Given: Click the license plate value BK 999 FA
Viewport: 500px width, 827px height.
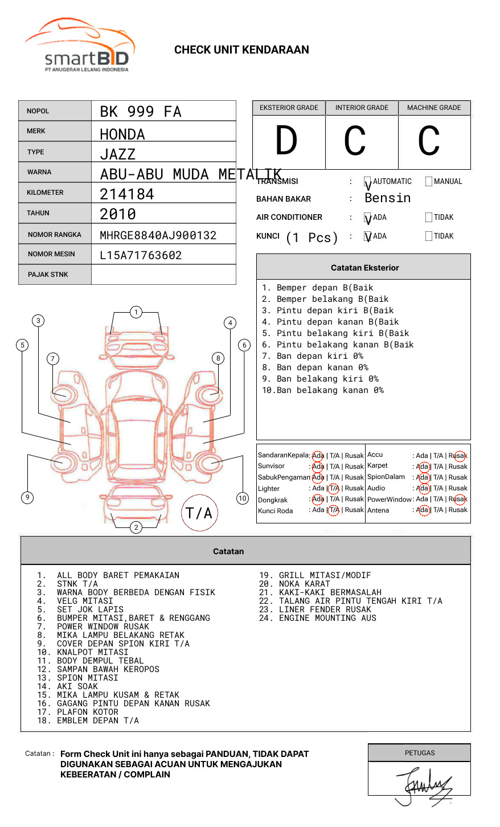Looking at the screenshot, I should [x=141, y=112].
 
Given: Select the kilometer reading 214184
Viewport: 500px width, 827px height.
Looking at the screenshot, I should [x=127, y=194].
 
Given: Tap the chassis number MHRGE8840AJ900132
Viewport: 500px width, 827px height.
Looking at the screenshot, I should [x=158, y=235].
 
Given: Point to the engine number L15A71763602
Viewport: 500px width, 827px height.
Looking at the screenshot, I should [x=141, y=255].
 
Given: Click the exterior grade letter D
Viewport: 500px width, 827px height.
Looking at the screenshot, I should [x=286, y=141].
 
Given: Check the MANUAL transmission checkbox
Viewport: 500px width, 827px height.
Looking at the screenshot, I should [x=429, y=182].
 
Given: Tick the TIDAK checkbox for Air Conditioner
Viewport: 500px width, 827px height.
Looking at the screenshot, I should [x=429, y=218].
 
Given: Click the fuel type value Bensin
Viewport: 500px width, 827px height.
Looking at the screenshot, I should [x=387, y=198].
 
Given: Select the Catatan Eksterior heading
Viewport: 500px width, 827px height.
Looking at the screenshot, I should [x=364, y=268].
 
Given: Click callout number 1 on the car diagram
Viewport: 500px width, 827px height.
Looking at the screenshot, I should [x=136, y=312].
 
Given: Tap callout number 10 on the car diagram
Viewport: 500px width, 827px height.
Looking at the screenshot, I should [x=243, y=498].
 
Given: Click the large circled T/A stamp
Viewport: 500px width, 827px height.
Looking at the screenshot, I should [x=199, y=513].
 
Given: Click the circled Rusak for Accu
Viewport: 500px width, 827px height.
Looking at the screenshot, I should [x=458, y=456].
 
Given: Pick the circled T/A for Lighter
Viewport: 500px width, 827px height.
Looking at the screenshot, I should [x=334, y=488].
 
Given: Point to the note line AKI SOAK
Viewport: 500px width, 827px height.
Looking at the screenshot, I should [x=77, y=686].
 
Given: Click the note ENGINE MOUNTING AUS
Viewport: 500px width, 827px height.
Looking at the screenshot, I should [x=327, y=618].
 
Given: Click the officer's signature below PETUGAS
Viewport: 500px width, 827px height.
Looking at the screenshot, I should [x=424, y=786].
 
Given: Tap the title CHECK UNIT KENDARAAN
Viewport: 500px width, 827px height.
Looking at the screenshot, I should [x=241, y=50].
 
